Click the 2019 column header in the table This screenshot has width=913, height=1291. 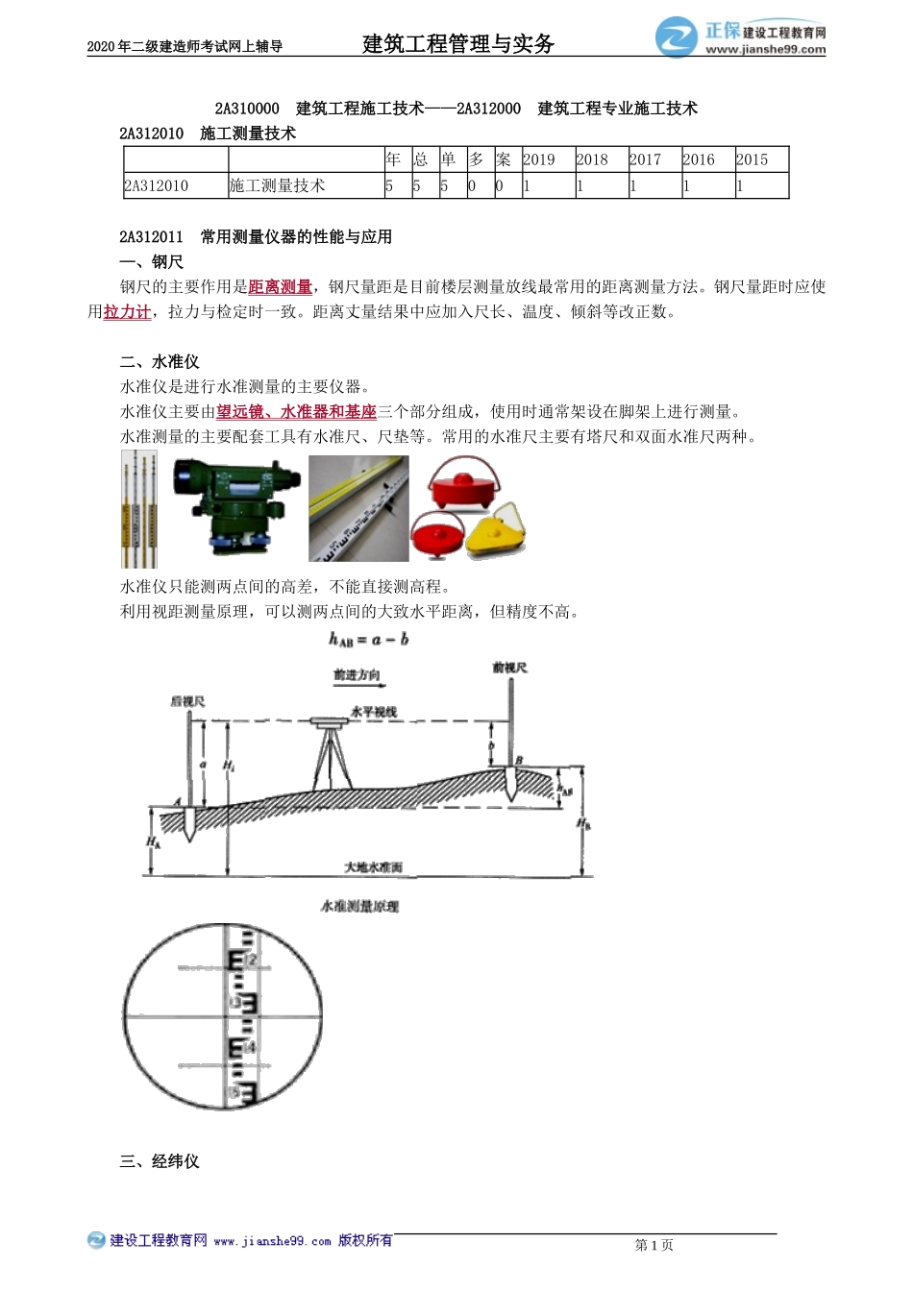539,159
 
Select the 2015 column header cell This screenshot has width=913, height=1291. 753,159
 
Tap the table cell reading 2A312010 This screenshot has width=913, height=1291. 157,185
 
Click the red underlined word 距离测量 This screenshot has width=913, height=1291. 280,286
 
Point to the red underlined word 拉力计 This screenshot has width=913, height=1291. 127,311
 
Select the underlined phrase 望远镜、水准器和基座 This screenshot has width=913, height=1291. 296,411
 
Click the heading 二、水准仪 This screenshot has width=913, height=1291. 160,361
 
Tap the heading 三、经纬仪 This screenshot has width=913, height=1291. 160,1160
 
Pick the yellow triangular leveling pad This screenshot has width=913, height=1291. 496,536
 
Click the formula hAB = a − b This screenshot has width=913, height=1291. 368,640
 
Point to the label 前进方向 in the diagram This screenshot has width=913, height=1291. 357,675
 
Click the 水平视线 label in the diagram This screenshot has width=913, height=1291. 373,712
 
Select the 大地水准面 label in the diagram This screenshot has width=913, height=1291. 373,867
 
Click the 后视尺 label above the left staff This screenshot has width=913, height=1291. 187,701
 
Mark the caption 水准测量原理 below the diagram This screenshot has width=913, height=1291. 359,906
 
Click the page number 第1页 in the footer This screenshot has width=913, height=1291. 654,1245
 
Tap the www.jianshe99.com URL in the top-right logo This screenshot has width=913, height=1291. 765,50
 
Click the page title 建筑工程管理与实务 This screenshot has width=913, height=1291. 458,43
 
